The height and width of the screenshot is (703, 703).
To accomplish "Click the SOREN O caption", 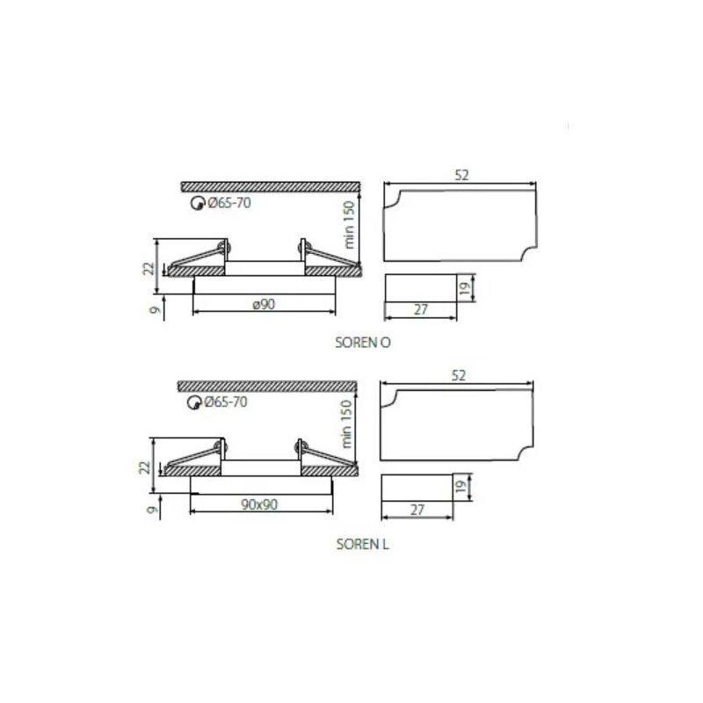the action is [x=363, y=343].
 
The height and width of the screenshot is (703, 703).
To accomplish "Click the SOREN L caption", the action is [x=363, y=544].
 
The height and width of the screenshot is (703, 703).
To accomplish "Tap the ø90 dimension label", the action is [x=264, y=304].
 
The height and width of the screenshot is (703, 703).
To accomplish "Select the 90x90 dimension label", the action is [x=259, y=504].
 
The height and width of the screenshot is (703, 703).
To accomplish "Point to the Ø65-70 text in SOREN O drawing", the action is [x=229, y=203].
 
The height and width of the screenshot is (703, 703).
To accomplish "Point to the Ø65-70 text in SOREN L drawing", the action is [x=226, y=402].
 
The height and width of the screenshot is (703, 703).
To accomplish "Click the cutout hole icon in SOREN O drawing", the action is [x=197, y=204].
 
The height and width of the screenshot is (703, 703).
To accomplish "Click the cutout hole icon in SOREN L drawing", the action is [x=193, y=402].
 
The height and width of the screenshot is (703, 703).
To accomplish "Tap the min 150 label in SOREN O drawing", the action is [x=349, y=225].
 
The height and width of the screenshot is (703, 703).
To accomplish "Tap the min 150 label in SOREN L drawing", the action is [x=346, y=424].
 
